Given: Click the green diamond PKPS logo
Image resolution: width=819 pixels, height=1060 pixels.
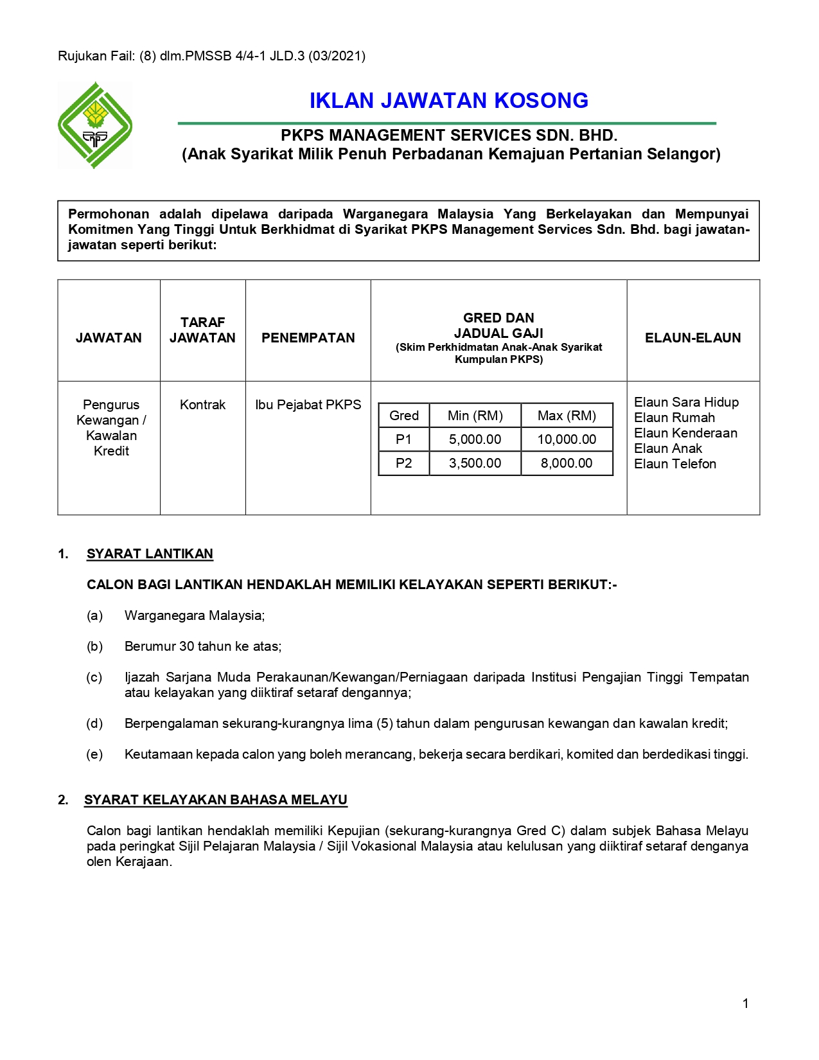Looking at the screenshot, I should point(95,125).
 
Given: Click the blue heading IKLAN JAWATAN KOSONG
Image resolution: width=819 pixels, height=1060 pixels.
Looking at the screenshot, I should point(448,101).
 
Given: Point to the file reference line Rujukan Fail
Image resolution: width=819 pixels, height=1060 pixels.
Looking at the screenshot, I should point(211,56).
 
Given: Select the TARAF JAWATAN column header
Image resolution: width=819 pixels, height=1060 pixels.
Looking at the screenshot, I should point(202,330).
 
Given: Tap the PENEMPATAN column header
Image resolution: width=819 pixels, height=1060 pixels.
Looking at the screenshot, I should point(308,338).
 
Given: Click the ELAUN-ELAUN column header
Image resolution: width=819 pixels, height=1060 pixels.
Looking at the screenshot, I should point(692,338).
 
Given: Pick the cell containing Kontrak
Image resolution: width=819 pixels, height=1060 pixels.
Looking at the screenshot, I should point(202,405).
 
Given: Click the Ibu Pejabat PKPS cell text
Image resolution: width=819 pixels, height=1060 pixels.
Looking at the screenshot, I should point(308,405).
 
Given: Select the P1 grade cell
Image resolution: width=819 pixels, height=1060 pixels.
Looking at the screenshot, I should point(403,439).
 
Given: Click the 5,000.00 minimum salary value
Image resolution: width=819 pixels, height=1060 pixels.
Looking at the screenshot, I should point(475,439).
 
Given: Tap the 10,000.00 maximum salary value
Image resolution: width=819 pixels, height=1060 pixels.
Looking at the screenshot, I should point(567,439).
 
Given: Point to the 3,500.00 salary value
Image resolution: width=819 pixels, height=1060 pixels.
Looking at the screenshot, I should point(475,463).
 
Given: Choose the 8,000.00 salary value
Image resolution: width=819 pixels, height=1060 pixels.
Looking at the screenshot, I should point(567,463).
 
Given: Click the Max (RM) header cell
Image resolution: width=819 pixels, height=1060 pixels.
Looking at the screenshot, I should point(567,416).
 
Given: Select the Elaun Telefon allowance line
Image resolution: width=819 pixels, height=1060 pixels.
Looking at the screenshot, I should point(674,464).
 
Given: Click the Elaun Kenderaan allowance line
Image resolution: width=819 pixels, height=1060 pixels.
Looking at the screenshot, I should point(685,433).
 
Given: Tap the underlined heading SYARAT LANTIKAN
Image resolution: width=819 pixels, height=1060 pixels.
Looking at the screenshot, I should point(150,554).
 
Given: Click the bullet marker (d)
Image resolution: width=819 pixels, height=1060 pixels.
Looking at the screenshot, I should point(94,723).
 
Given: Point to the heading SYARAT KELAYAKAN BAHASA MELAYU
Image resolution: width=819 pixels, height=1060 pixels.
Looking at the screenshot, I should point(215,800).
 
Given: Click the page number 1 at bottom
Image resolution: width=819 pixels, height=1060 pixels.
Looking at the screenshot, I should point(745,1003).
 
